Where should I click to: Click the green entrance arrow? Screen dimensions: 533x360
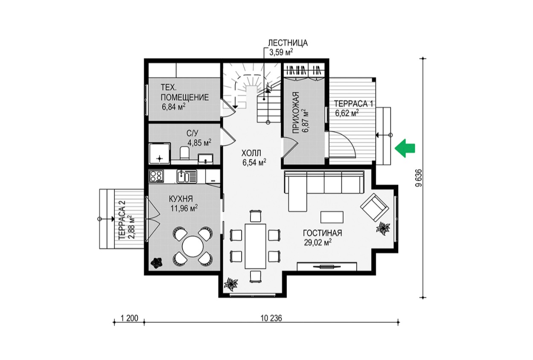click(405, 148)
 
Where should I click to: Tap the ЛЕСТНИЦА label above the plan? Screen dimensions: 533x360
click(288, 43)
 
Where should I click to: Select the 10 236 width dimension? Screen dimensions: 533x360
click(271, 318)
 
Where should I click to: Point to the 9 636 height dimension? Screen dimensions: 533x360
click(419, 178)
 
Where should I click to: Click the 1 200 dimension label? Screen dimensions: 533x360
click(129, 318)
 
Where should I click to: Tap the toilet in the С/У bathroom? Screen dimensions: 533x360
click(184, 153)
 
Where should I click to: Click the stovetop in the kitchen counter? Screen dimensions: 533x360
click(156, 176)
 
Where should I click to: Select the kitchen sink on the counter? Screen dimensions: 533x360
click(187, 176)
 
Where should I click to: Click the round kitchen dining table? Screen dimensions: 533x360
click(193, 247)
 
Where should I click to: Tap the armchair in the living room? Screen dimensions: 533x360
click(375, 207)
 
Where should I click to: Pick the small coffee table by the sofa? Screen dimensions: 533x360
click(332, 217)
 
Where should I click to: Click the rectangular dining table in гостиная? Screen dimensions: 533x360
click(256, 246)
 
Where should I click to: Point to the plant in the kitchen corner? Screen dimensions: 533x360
click(156, 263)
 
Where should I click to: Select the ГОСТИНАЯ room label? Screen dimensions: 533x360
click(323, 233)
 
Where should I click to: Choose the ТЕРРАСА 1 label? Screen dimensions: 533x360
click(354, 104)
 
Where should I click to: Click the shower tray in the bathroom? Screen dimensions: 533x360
click(160, 154)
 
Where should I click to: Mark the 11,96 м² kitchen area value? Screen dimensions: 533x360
click(184, 209)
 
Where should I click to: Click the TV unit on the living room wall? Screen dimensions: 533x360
click(327, 266)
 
